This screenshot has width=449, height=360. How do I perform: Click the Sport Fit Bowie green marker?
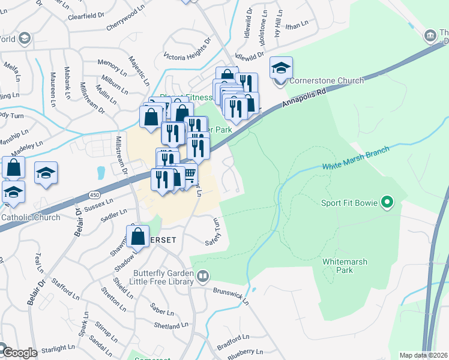coord(387,203)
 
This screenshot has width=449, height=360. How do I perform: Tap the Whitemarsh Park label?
coord(345,266)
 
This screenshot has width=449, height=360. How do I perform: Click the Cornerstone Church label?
coord(327,81)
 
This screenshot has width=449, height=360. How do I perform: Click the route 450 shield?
coord(94,195)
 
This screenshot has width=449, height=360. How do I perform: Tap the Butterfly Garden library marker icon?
coord(203,276)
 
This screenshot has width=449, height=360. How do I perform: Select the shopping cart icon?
coord(190,175)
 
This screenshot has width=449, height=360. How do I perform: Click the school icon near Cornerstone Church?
coord(280,68)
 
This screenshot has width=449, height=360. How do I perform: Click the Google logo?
coord(19,353)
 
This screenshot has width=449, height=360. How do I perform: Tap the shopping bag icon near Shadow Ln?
coord(138,236)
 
